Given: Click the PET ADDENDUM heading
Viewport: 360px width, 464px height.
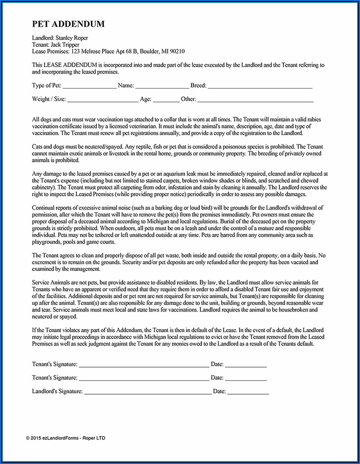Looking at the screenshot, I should point(69,24).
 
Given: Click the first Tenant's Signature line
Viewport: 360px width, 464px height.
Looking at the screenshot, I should point(144,365).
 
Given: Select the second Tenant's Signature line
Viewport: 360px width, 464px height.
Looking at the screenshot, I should point(144,379).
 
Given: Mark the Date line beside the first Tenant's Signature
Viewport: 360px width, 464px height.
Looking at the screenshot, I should point(246,365).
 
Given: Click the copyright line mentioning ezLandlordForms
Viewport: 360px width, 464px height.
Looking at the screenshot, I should point(66,439).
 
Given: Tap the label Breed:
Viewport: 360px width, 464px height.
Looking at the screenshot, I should point(198,85).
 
